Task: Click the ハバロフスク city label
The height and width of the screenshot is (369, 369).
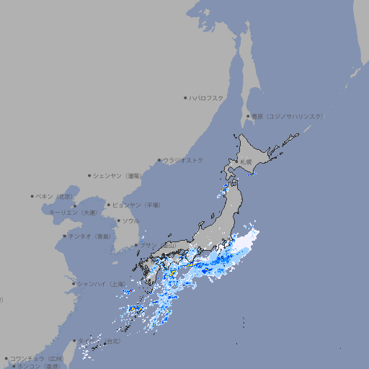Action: [x=206, y=98]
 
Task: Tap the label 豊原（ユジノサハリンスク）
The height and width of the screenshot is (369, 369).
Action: [x=287, y=116]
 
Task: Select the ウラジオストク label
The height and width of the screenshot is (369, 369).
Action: [x=183, y=160]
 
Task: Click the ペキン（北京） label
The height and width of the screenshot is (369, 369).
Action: [x=55, y=196]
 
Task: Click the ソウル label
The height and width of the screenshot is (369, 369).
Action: [x=130, y=221]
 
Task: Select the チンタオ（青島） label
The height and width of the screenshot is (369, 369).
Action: [x=89, y=236]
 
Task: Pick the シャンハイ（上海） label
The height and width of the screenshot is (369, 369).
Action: [x=100, y=284]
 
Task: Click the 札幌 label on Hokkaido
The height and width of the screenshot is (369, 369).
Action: [x=246, y=161]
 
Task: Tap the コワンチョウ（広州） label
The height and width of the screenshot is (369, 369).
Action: [x=36, y=358]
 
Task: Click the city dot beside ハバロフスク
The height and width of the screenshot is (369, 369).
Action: [x=185, y=98]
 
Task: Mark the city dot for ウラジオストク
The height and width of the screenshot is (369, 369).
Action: [x=159, y=160]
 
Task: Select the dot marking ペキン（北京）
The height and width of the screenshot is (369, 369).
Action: [x=32, y=196]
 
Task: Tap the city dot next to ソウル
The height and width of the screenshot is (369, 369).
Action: [x=118, y=221]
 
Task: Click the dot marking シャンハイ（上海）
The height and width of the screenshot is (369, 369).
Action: [x=74, y=284]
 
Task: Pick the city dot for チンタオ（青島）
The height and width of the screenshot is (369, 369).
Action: [x=64, y=236]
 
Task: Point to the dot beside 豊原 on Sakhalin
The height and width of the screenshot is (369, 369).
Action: [x=248, y=116]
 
